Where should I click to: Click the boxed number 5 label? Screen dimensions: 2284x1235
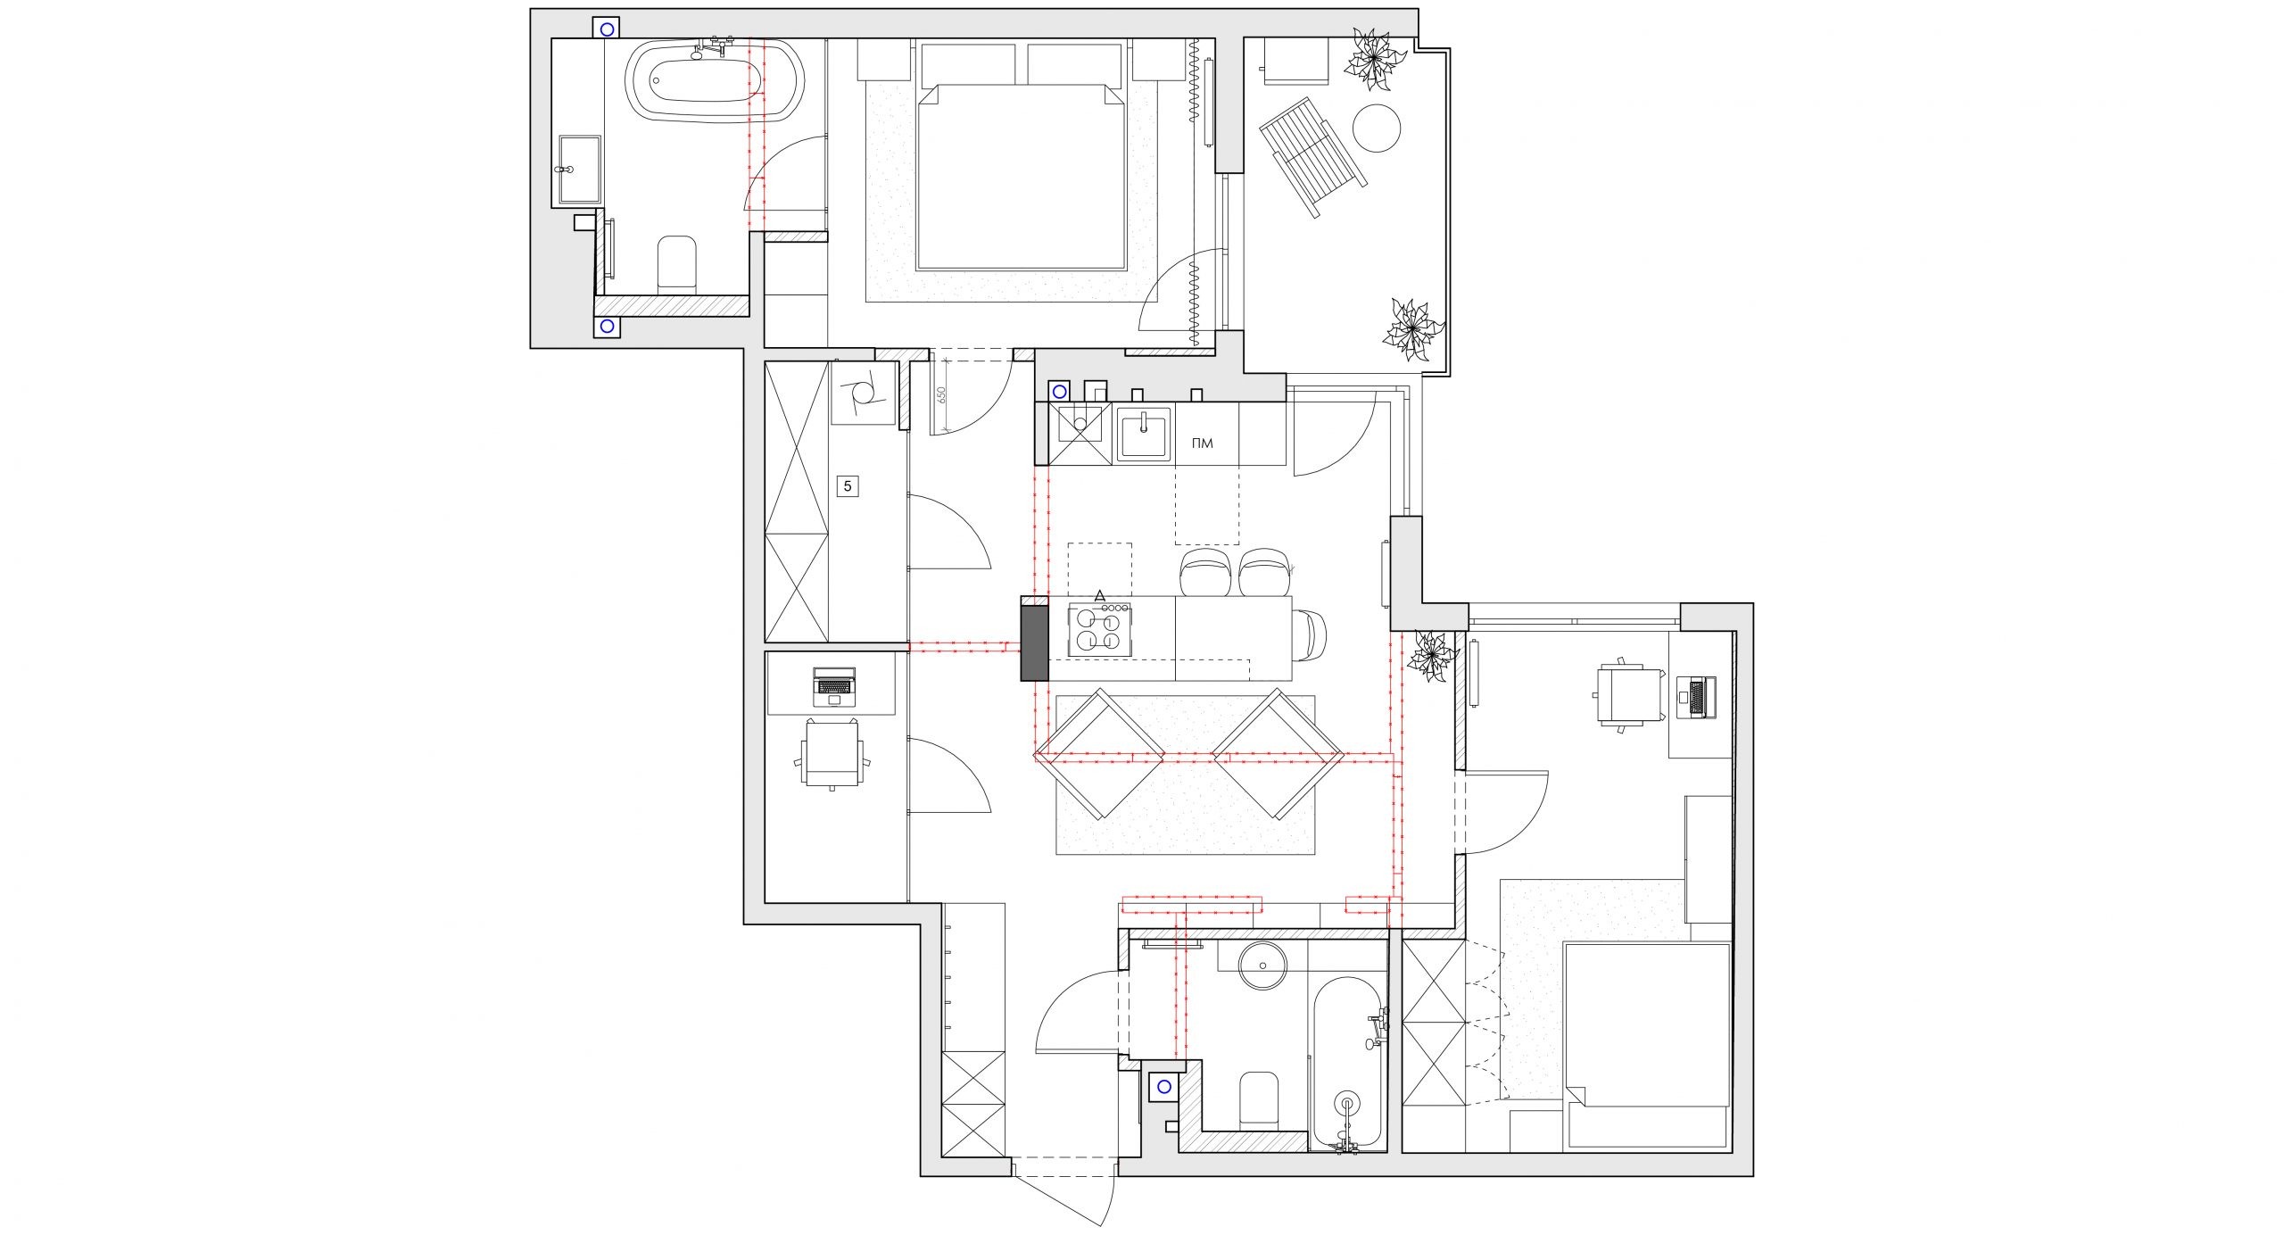coord(848,486)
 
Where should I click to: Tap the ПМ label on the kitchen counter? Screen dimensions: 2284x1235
coord(1203,443)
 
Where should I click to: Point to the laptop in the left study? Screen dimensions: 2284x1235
coord(834,685)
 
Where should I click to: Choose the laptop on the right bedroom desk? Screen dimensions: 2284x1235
coord(1696,697)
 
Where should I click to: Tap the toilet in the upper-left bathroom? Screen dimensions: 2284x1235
coord(676,265)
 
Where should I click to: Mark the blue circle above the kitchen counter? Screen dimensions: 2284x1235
coord(1059,391)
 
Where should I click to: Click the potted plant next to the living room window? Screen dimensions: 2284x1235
coord(1431,658)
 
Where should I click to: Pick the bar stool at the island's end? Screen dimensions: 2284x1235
coord(1310,635)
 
